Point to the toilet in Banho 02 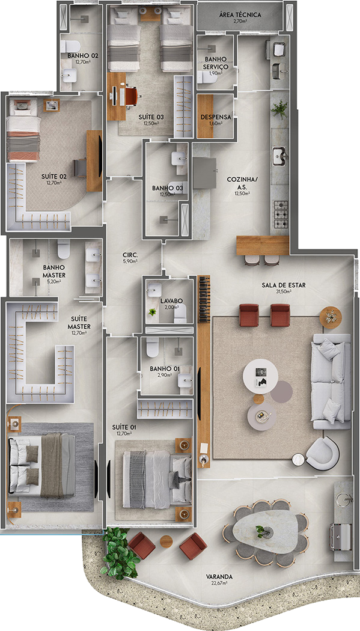coord(71,46)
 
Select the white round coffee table coord(261,376)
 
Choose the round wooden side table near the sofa coord(329,316)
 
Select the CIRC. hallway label coord(130,255)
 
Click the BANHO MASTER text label coord(54,272)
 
